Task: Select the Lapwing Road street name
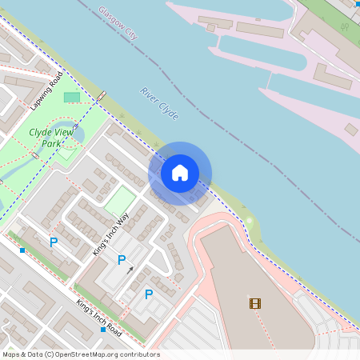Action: (46, 91)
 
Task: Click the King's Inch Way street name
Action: (110, 234)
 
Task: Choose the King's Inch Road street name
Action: (98, 316)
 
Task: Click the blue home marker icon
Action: (180, 173)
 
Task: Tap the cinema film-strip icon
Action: (254, 303)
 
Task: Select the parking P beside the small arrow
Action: (122, 259)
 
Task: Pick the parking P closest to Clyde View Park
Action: (54, 242)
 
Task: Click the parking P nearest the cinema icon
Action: (149, 294)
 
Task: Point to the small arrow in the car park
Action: (131, 270)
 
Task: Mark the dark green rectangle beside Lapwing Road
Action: (72, 98)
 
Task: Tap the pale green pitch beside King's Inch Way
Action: (120, 200)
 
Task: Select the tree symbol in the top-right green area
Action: (346, 26)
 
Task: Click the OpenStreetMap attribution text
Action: (80, 354)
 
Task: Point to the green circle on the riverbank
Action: (249, 221)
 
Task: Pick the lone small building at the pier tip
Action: (351, 129)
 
